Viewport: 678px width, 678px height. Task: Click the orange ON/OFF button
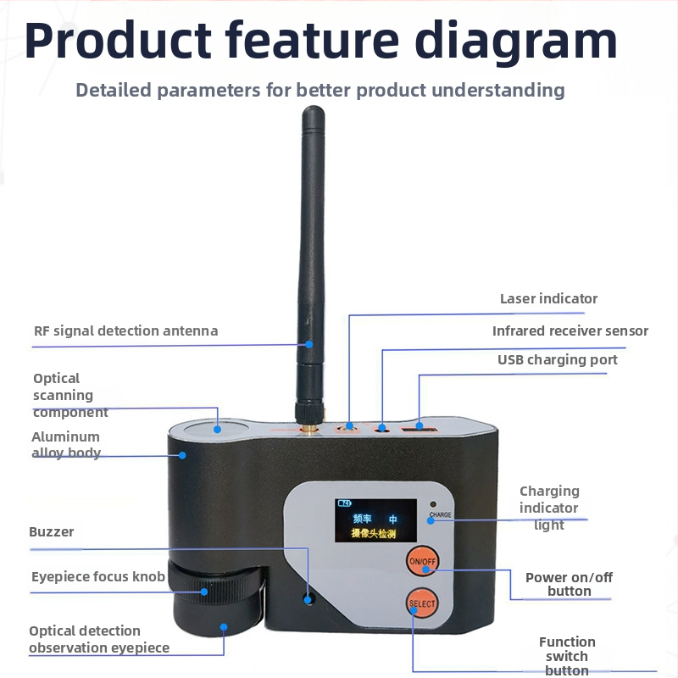[x=422, y=561]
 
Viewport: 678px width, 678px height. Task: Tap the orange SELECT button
[x=422, y=603]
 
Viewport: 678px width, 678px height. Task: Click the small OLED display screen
[x=375, y=520]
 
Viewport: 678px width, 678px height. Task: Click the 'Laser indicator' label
[x=548, y=299]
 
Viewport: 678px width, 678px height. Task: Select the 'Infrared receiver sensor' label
[x=570, y=331]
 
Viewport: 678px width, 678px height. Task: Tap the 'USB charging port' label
[x=558, y=359]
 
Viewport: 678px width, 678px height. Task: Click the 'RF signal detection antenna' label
[x=125, y=331]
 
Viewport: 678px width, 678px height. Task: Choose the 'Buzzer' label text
[x=52, y=532]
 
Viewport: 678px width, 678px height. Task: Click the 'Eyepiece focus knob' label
[x=98, y=577]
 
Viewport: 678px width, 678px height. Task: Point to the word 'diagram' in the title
[x=516, y=40]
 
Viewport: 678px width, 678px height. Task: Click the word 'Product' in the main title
[x=118, y=40]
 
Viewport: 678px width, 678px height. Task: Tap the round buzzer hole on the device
[x=308, y=599]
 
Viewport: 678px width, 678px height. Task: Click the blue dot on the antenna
[x=309, y=344]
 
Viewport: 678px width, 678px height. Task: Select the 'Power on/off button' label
[x=569, y=584]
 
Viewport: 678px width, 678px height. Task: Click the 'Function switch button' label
[x=567, y=656]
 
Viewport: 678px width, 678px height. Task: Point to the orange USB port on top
[x=419, y=430]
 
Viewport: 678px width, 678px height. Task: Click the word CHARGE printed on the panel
[x=440, y=514]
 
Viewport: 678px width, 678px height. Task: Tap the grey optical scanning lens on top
[x=217, y=429]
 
